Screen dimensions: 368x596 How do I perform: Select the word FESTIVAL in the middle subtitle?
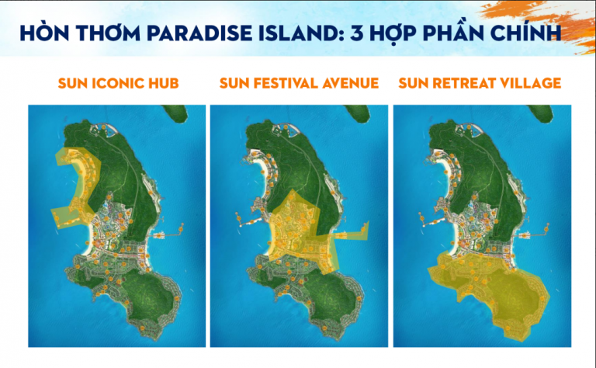[289, 83]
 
